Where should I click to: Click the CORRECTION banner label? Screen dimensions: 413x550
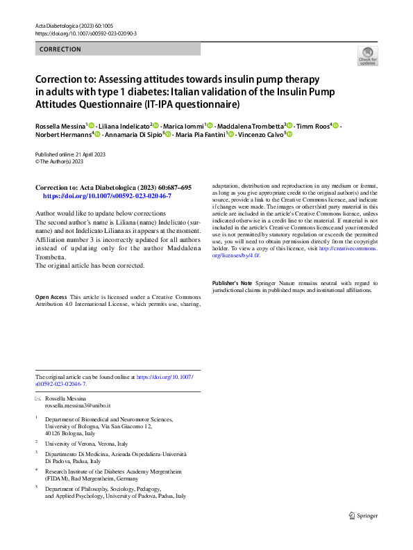61,49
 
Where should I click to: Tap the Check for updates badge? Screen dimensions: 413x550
367,56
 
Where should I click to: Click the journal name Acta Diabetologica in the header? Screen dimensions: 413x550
62,25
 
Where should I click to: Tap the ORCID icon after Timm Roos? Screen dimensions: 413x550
335,125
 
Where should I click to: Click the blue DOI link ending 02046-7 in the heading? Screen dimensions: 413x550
107,196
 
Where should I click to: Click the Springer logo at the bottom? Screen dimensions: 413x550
364,515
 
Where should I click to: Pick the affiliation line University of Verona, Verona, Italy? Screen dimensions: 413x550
86,443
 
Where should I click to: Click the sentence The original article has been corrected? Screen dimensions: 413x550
90,266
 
